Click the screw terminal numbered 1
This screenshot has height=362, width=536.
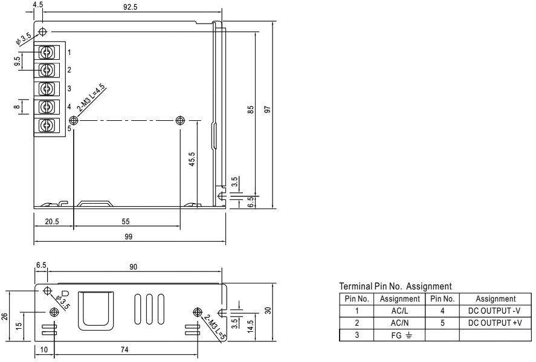46,52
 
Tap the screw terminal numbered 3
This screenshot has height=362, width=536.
46,88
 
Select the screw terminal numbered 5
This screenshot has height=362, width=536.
46,125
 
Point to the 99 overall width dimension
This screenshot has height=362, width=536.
128,237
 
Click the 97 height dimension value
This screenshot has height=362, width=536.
266,110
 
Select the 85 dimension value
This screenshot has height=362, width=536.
250,110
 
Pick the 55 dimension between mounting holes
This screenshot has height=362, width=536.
126,222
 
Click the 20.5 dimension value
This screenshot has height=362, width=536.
53,222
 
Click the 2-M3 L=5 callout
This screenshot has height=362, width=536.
214,327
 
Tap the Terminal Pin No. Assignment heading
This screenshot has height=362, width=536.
395,286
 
